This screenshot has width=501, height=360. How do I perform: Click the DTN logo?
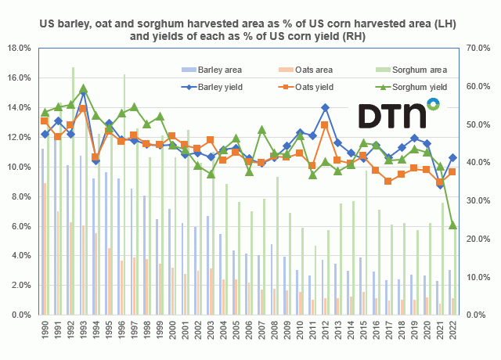(x=398, y=114)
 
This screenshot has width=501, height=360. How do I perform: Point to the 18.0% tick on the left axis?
(x=18, y=48)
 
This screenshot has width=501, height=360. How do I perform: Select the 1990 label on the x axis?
(x=45, y=332)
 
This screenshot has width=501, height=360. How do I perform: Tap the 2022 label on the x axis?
(x=452, y=332)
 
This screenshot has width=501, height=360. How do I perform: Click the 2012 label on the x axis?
(x=325, y=332)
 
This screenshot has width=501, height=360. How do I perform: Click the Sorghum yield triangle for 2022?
(x=452, y=225)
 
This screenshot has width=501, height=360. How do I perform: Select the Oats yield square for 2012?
(x=325, y=125)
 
